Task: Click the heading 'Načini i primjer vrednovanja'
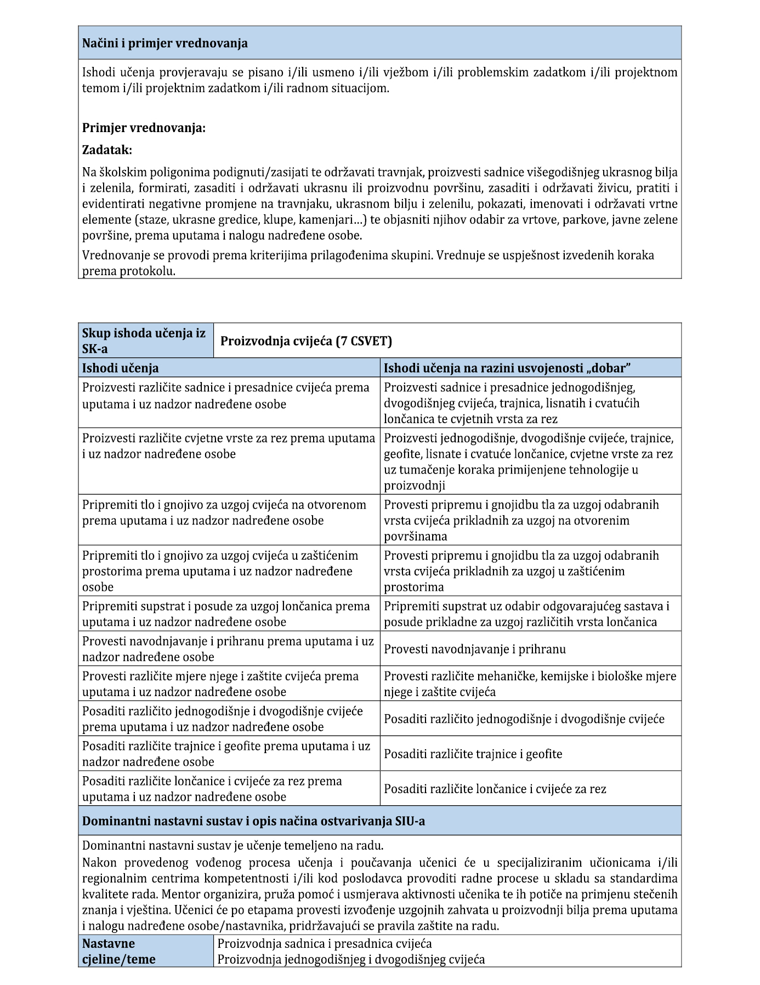(x=165, y=43)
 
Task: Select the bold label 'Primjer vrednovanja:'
(x=144, y=128)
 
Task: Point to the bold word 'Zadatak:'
(x=107, y=150)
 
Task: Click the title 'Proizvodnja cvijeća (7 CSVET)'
(x=306, y=341)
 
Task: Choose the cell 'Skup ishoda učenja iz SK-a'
(x=145, y=340)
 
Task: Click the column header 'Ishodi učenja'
(x=121, y=368)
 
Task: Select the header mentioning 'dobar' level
(x=507, y=368)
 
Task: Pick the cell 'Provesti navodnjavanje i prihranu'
(x=475, y=649)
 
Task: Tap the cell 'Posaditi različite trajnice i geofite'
(x=473, y=754)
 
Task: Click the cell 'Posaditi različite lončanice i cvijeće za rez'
(x=495, y=789)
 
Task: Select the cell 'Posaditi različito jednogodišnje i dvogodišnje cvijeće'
(x=524, y=719)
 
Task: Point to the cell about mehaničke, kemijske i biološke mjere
(x=530, y=684)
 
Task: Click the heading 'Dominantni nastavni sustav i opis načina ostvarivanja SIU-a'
(x=253, y=821)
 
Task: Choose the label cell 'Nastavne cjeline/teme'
(x=119, y=951)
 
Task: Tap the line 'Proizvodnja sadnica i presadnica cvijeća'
(x=325, y=943)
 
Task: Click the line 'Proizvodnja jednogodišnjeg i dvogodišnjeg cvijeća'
(x=351, y=959)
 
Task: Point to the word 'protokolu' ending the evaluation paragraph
(x=148, y=271)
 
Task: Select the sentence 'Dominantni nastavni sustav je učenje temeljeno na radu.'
(x=233, y=845)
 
